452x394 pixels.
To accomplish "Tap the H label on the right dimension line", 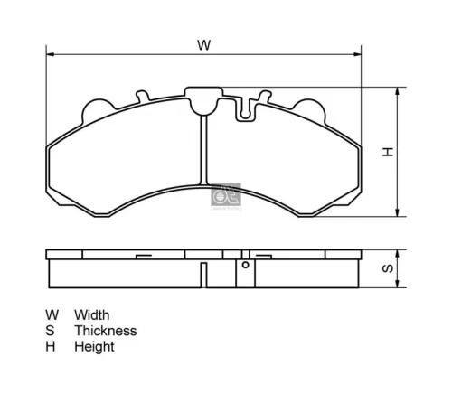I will point(387,152).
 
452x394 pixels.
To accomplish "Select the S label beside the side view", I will point(387,268).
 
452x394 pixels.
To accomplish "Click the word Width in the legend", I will point(92,314).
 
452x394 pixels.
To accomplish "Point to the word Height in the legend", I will point(94,346).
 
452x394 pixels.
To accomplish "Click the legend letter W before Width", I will point(52,314).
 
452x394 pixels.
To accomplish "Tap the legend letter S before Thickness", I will point(51,330).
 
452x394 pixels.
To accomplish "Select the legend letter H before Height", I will point(51,346).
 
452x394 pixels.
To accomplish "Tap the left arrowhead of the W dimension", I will point(50,54).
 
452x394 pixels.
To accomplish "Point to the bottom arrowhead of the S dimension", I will point(399,287).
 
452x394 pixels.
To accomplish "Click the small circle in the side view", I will point(244,267).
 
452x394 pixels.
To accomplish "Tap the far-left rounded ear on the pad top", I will point(96,108).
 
